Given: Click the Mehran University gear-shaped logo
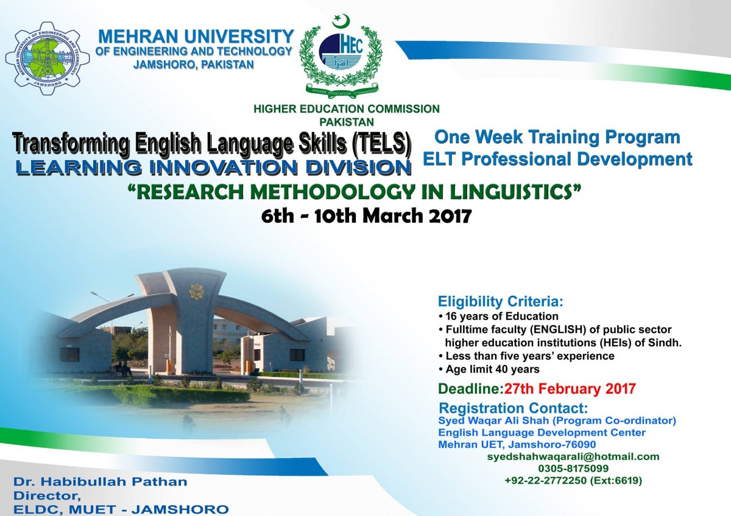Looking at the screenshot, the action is (48, 58).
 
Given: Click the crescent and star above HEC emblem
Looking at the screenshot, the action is (341, 20).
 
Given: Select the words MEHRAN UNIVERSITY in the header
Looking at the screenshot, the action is (196, 36).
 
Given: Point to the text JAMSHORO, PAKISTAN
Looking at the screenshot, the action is (194, 64).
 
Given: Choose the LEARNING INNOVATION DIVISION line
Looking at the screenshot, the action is (213, 167).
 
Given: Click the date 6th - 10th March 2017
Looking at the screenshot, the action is (366, 216).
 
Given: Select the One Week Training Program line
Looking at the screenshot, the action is (557, 137).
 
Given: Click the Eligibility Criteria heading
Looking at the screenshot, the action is (501, 302).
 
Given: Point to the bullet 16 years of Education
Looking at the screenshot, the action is (498, 316).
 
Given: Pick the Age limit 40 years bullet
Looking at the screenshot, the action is (489, 369).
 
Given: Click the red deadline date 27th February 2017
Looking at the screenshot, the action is (570, 389).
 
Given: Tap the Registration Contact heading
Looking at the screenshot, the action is (514, 408).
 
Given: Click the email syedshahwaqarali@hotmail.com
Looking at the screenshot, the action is (573, 457).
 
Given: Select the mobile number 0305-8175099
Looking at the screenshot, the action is (573, 469).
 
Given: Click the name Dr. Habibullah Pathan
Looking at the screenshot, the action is (100, 481).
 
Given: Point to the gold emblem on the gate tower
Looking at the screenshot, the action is (196, 292).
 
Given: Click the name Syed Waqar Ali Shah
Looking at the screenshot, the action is (493, 420).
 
